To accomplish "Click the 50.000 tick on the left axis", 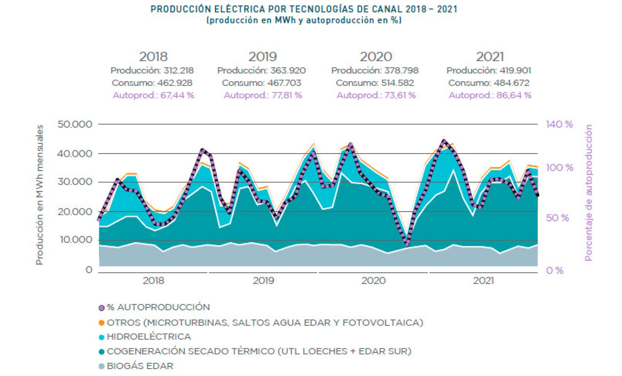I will pos(75,124).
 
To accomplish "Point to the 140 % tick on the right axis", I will pos(559,124).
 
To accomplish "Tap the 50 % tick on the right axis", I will pos(557,218).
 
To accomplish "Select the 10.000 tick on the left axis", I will pos(75,240).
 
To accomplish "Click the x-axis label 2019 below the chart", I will pos(263,280).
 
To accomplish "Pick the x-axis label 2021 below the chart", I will pos(483,280).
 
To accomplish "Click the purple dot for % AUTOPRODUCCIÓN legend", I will pos(102,308).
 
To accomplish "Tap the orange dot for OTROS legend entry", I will pos(102,323).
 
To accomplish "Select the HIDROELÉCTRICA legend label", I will pos(149,337).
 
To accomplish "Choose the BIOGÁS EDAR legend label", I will pos(140,366).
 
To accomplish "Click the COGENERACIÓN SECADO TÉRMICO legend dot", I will pos(102,352).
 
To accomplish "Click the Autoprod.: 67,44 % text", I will pos(153,96).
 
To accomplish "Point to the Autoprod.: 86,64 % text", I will pos(490,96).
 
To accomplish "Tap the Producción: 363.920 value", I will pos(261,70).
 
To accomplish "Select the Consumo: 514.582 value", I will pos(375,83).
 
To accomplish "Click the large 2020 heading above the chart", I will pos(376,57).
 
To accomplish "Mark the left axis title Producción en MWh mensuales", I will pos(40,195).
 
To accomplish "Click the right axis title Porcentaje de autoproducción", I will pos(588,193).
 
